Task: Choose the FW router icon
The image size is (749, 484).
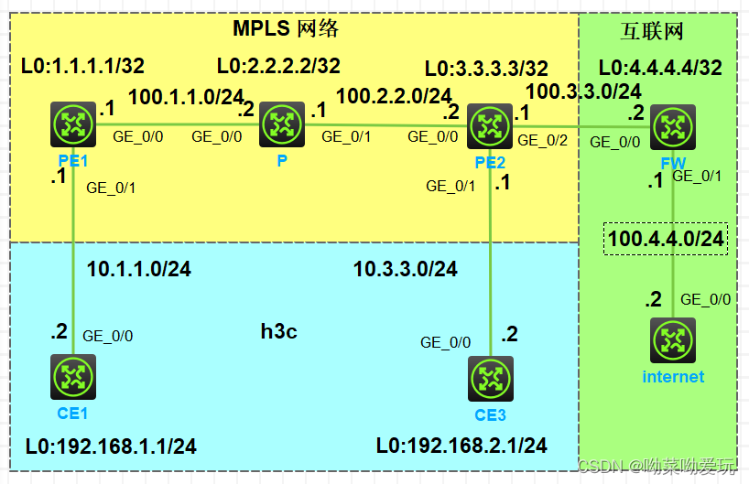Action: (673, 126)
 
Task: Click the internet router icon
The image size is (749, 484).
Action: (673, 340)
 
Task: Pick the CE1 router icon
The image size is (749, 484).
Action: (72, 377)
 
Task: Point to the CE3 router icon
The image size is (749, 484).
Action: (490, 379)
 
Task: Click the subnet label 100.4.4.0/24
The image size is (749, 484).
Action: (666, 239)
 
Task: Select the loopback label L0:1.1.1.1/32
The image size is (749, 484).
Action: (82, 66)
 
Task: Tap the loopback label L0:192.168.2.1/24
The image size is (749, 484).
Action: (461, 446)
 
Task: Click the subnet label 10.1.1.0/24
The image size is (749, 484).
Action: (138, 269)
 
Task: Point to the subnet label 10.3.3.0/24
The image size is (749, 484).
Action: (405, 269)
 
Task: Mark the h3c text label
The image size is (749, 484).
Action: (278, 331)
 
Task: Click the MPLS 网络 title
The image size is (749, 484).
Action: (286, 28)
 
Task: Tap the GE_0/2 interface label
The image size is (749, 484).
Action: (541, 140)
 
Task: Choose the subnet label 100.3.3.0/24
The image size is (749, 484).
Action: (583, 91)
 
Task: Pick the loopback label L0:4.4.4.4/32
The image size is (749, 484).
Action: (659, 68)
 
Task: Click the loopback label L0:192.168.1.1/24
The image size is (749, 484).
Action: (110, 446)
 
